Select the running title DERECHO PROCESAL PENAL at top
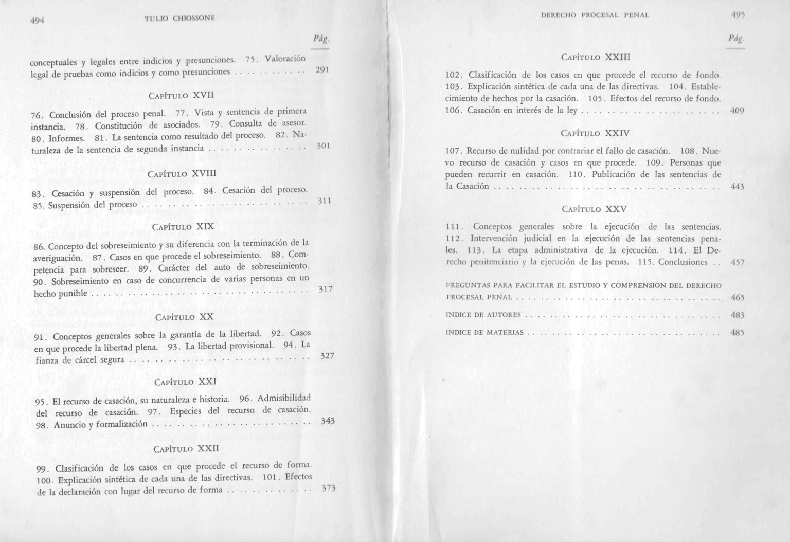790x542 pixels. click(x=595, y=16)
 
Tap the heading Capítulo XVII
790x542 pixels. click(x=181, y=95)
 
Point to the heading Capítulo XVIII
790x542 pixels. click(x=182, y=174)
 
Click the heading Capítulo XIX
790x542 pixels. click(x=183, y=226)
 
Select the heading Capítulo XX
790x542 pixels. click(x=184, y=317)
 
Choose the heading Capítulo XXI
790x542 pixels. click(x=185, y=382)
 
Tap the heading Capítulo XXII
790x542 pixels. click(x=186, y=448)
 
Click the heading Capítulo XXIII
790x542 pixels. click(x=596, y=57)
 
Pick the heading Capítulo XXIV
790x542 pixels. click(x=596, y=133)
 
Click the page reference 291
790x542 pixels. click(x=321, y=70)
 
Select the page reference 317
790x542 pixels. click(x=326, y=290)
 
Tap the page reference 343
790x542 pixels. click(x=328, y=421)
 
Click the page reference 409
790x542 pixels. click(x=737, y=111)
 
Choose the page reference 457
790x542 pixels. click(x=738, y=262)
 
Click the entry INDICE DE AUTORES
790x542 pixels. click(x=483, y=315)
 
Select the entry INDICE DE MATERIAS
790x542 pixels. click(x=484, y=332)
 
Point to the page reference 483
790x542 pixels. click(x=738, y=315)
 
